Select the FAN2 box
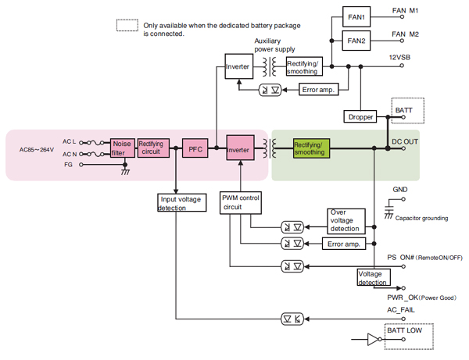click(356, 40)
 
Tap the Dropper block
click(360, 116)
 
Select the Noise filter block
click(123, 148)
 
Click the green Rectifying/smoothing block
click(311, 148)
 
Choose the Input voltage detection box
click(179, 203)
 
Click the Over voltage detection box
click(346, 220)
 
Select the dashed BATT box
click(406, 111)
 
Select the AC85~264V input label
click(37, 148)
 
